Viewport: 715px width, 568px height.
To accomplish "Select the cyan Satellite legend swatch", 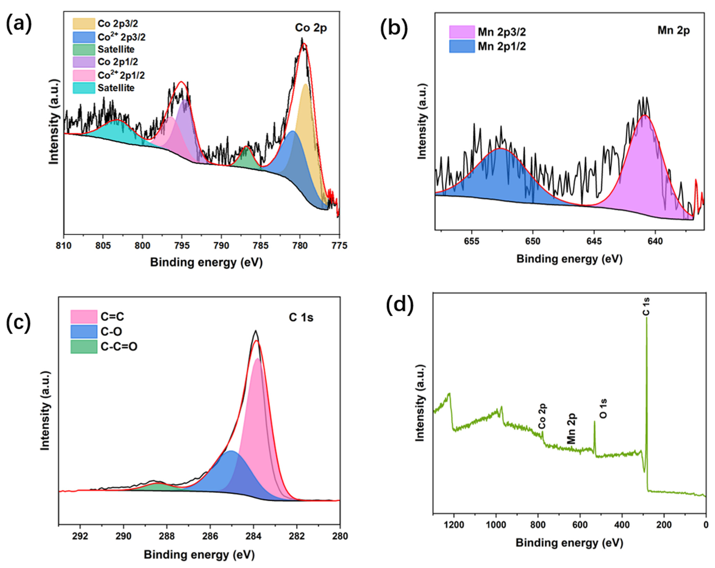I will (84, 88).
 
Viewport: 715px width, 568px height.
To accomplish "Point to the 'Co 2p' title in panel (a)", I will (311, 28).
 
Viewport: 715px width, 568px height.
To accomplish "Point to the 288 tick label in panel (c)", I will (166, 536).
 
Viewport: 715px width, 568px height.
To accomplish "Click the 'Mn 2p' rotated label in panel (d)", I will (571, 428).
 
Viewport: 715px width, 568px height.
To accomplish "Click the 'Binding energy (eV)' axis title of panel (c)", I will (199, 555).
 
